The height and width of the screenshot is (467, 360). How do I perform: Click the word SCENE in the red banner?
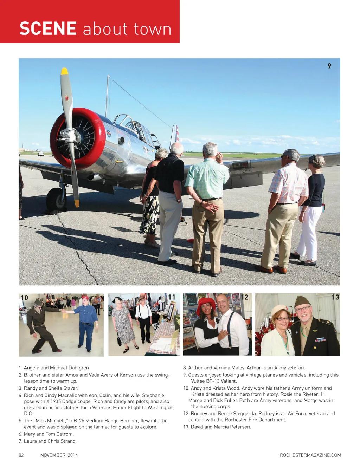(48, 28)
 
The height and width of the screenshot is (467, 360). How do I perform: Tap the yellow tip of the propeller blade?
(64, 71)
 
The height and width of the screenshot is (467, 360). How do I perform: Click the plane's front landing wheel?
(56, 199)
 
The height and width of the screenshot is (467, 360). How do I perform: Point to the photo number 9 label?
(329, 66)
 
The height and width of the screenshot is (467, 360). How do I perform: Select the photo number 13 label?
(335, 297)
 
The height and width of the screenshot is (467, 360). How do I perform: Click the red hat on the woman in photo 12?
(206, 304)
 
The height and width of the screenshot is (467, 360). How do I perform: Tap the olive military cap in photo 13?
(302, 301)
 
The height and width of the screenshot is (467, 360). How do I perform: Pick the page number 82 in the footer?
(21, 455)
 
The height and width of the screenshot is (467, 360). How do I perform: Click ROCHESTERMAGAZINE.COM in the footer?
(310, 455)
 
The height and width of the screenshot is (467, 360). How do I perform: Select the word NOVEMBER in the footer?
(53, 455)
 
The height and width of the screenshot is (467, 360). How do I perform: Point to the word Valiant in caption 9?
(229, 381)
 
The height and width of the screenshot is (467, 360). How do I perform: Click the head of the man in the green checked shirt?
(210, 150)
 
